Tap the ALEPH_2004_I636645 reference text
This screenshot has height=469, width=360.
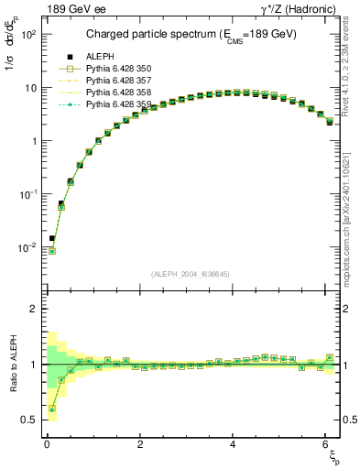pos(191,275)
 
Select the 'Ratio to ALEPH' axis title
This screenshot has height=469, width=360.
pos(12,364)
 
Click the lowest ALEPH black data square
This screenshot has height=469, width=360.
pos(52,238)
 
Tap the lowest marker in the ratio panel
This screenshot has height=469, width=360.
pos(52,409)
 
